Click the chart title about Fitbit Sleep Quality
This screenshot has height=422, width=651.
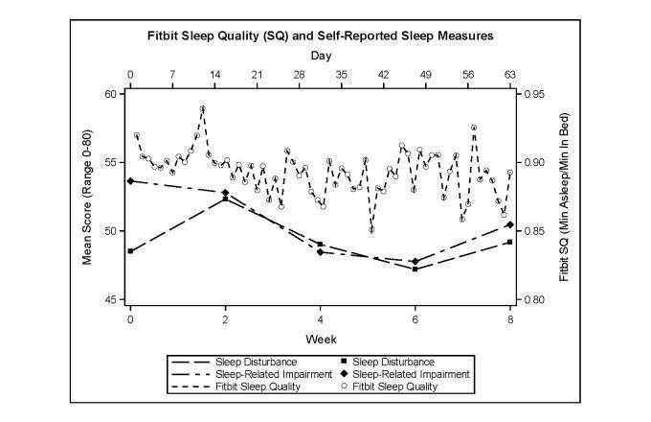click(x=320, y=37)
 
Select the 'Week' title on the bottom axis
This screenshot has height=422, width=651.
click(x=320, y=339)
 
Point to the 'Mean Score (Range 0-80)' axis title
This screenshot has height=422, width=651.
click(x=87, y=197)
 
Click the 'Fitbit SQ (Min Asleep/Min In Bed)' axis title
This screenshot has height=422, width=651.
click(x=564, y=197)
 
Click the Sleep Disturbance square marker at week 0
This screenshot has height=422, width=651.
click(x=130, y=251)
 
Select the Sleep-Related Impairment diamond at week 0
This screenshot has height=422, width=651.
click(x=130, y=181)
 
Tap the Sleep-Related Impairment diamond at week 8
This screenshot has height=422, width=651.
click(x=510, y=224)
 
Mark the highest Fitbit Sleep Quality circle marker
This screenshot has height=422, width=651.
click(x=203, y=108)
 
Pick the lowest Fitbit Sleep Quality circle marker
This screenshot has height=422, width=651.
click(x=371, y=229)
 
